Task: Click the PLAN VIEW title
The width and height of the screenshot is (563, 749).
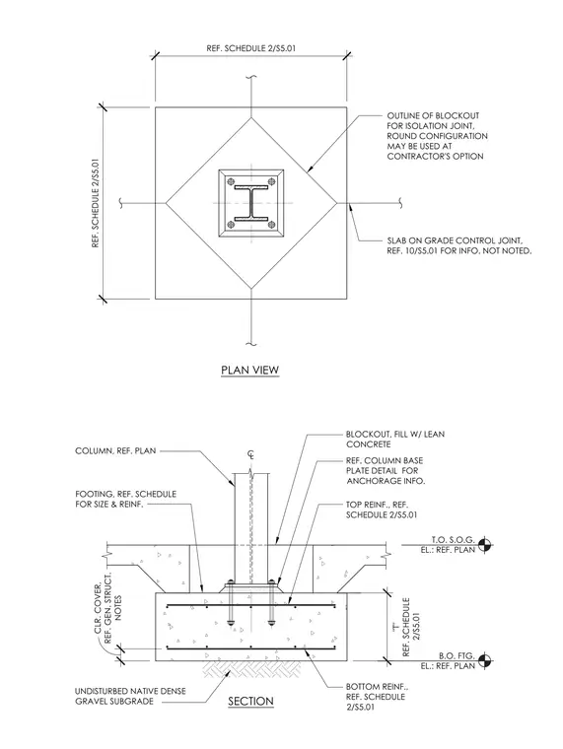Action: (x=250, y=371)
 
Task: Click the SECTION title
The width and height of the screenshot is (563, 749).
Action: (x=250, y=702)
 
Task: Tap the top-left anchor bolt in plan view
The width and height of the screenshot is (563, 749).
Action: (x=232, y=181)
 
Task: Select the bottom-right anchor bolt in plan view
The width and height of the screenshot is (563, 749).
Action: (x=271, y=224)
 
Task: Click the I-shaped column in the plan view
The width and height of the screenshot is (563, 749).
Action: (x=251, y=203)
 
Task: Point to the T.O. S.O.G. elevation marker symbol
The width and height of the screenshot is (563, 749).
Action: (x=484, y=544)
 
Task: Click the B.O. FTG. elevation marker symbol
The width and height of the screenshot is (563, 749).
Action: (x=484, y=660)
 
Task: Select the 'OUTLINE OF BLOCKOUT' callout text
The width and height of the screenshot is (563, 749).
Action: (x=438, y=136)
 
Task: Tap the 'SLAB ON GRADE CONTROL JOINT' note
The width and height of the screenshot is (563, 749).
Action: (x=459, y=246)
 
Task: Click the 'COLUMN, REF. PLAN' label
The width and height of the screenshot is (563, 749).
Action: (x=115, y=451)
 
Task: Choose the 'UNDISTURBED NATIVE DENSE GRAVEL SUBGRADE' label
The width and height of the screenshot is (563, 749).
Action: (x=130, y=696)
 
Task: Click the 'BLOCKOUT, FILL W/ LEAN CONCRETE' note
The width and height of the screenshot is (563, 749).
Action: (x=395, y=440)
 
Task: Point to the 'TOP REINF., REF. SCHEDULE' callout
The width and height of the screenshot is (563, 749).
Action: (x=382, y=510)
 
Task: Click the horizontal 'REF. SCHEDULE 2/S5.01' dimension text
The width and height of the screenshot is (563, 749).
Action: (x=253, y=48)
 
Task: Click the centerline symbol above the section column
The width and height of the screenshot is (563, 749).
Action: (x=250, y=454)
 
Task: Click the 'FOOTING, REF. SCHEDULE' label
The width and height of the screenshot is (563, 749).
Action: (x=125, y=500)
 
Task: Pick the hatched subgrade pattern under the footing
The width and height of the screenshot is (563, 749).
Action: (x=251, y=671)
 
